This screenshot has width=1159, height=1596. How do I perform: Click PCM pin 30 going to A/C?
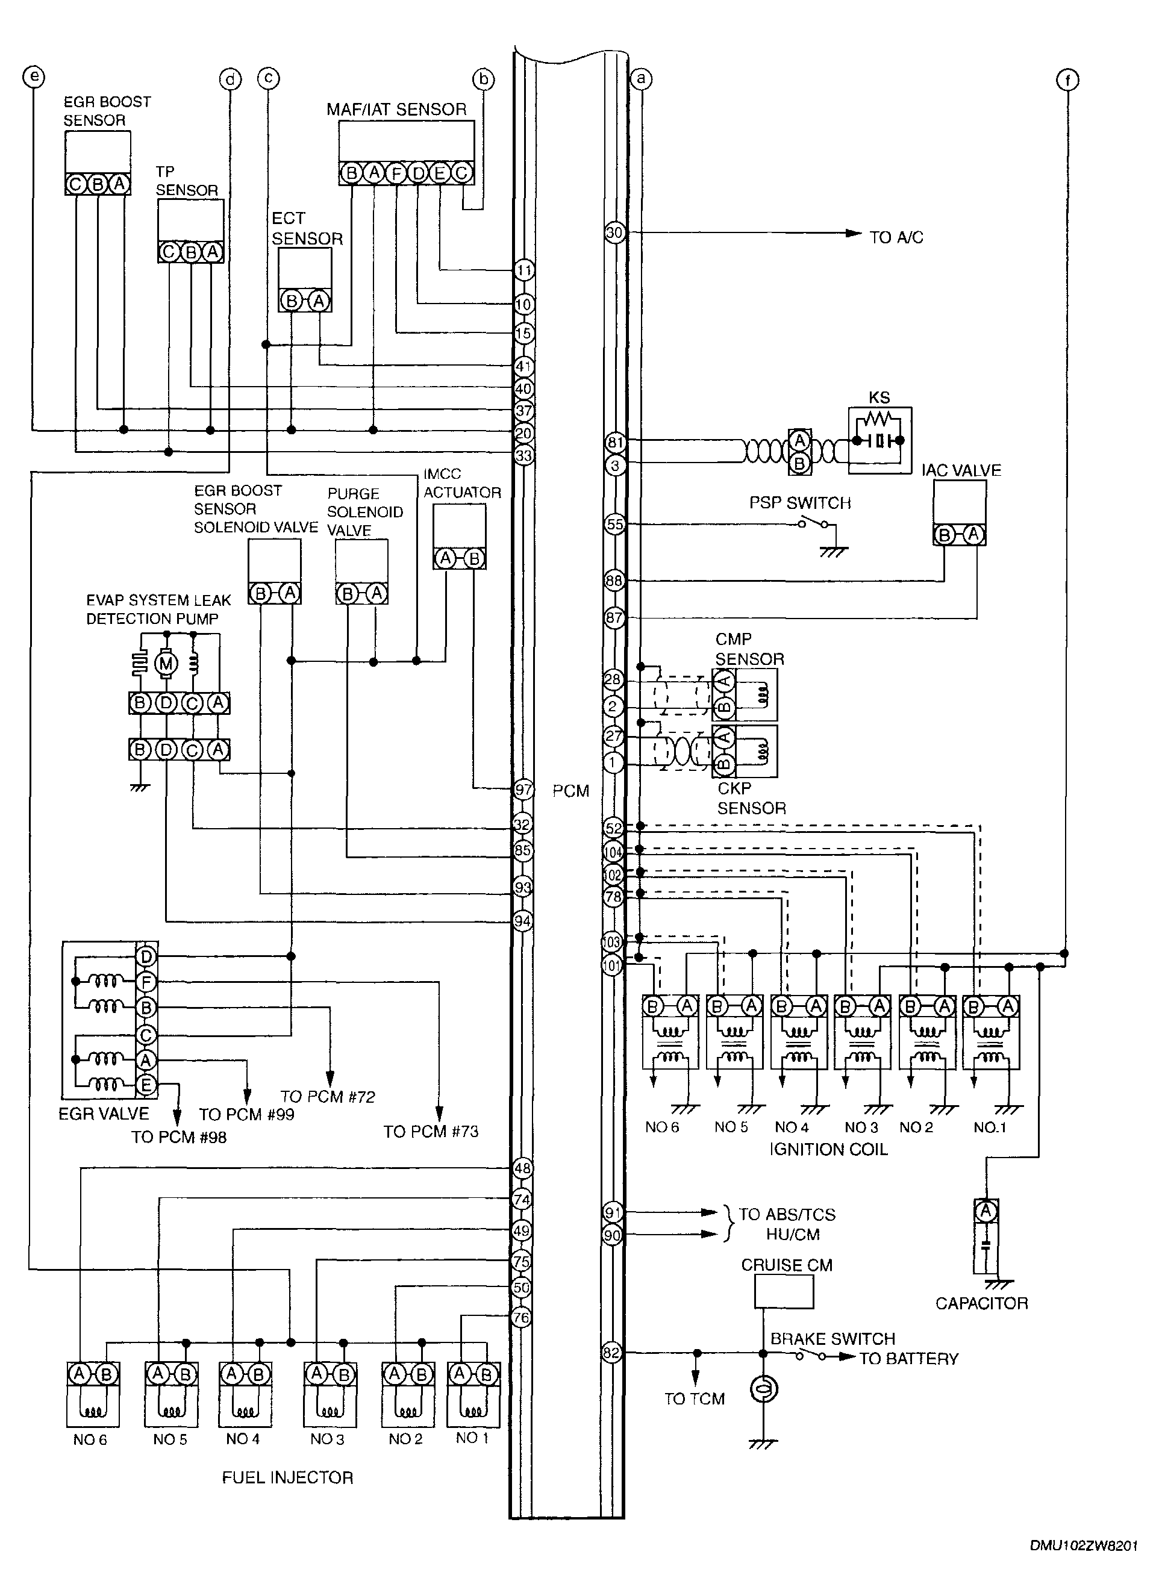[x=615, y=232]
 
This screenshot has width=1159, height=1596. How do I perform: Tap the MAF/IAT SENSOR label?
[x=396, y=109]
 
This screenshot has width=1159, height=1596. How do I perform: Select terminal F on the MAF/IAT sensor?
[x=396, y=173]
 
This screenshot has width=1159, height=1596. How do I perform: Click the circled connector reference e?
[x=34, y=76]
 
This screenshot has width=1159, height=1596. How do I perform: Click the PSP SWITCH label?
[x=800, y=502]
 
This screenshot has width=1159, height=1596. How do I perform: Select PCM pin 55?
[x=615, y=524]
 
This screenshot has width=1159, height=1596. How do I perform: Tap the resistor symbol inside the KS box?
[x=879, y=418]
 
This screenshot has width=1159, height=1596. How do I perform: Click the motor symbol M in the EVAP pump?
[x=166, y=663]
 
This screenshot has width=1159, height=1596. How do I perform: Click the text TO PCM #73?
[x=431, y=1132]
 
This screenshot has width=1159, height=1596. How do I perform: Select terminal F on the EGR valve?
[x=146, y=982]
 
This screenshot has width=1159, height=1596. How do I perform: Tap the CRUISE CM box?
[x=784, y=1291]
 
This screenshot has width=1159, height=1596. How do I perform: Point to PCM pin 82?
[x=612, y=1353]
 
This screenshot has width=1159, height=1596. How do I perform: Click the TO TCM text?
[x=695, y=1399]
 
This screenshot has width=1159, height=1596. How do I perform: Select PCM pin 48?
[x=522, y=1168]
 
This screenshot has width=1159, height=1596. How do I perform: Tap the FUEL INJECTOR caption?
[x=287, y=1478]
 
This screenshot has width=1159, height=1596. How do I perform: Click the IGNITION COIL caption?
[x=828, y=1149]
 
